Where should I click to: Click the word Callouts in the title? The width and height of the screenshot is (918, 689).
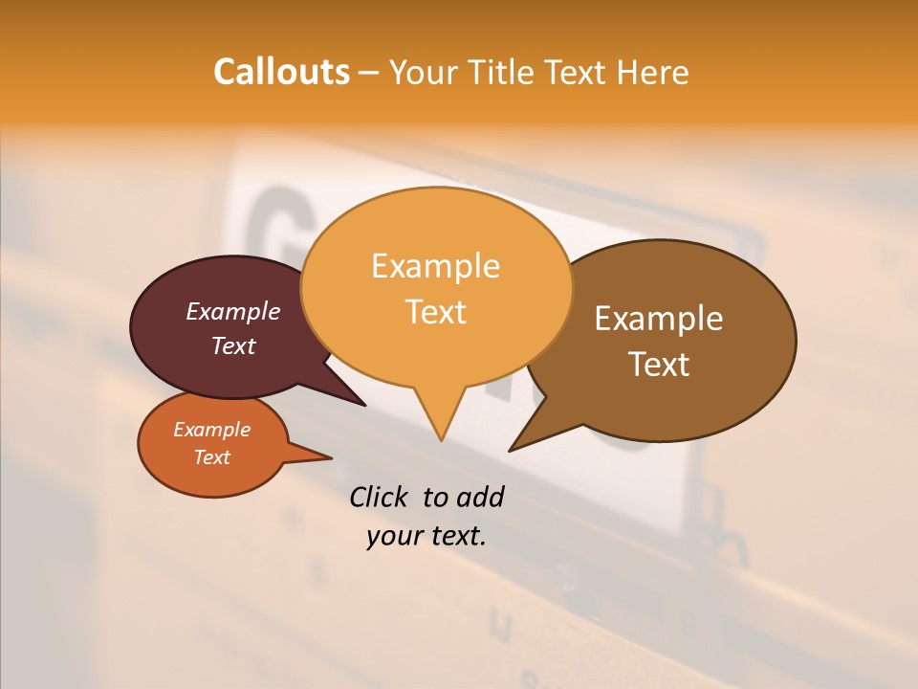coord(281,72)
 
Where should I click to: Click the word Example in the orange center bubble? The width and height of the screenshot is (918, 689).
coord(435,265)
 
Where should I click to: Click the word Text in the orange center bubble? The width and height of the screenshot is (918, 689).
coord(435,311)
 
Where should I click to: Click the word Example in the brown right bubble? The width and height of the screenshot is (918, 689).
coord(659,319)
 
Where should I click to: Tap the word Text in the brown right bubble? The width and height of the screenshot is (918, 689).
coord(659,365)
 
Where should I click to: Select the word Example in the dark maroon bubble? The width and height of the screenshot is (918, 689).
coord(233,311)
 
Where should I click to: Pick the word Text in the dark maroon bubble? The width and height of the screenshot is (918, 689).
coord(233,345)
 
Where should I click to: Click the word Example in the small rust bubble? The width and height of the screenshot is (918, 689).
coord(211,430)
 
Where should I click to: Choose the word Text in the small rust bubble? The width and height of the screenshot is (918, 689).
coord(211,457)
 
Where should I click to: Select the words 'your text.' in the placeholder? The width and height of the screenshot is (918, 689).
coord(426,536)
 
